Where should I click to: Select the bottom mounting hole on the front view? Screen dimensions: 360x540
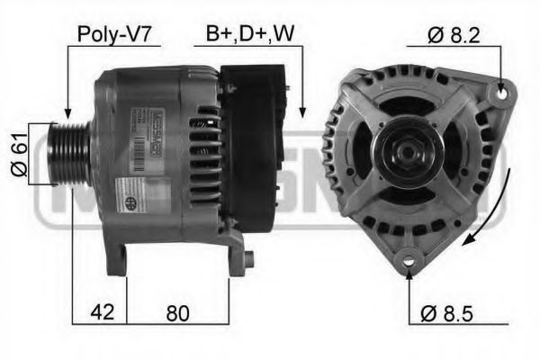pyautogui.click(x=409, y=258)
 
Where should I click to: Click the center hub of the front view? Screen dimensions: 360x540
pyautogui.click(x=409, y=152)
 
